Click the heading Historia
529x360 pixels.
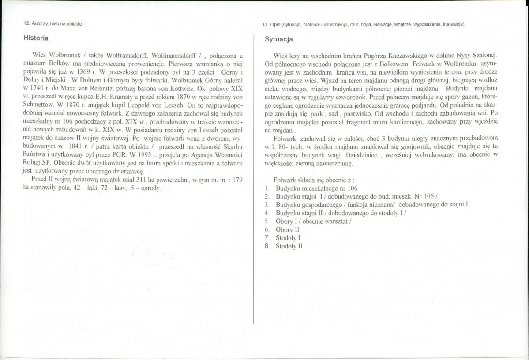(36, 38)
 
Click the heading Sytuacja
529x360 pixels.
(279, 39)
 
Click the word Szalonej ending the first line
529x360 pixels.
(482, 56)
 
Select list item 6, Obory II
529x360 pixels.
(287, 229)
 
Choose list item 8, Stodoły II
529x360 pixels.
(289, 246)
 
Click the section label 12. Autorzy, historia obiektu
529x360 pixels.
(53, 23)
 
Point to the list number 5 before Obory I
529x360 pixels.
(267, 221)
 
